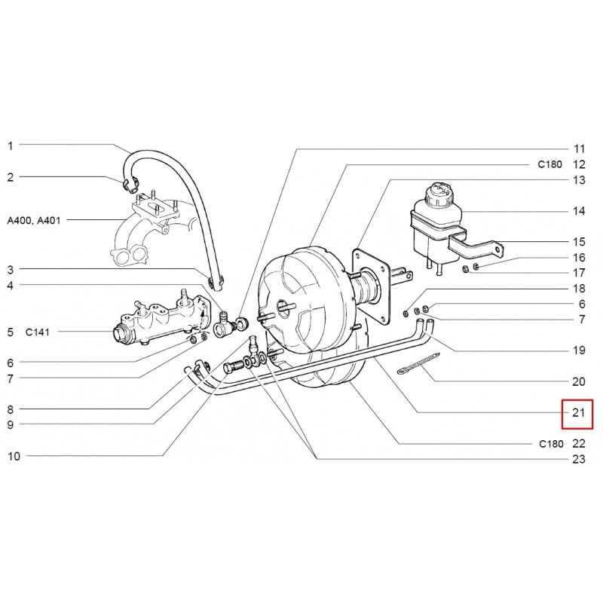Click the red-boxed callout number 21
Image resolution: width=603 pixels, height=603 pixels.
tap(578, 412)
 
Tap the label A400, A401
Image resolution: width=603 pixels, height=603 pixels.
tap(34, 220)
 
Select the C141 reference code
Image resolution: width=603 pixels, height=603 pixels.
tap(37, 332)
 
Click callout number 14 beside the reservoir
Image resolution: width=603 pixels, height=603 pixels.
tap(579, 211)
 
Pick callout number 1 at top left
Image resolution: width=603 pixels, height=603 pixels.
tap(11, 145)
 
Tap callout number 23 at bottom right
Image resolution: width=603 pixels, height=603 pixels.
tap(579, 459)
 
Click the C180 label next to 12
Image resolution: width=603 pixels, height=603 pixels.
tap(549, 164)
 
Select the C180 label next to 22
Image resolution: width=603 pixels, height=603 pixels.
tap(551, 444)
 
